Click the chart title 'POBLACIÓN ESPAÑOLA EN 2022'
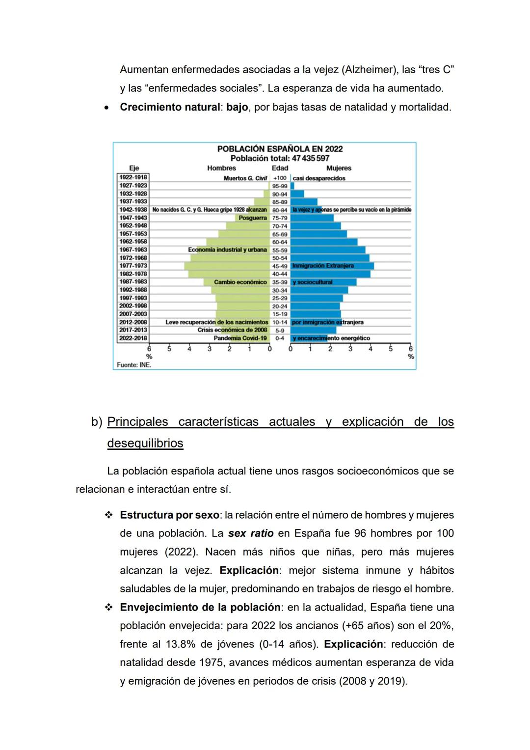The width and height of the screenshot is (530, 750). point(280,149)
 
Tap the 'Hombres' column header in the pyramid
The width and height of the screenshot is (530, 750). point(221,168)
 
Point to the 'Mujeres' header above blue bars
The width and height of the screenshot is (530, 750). point(339,168)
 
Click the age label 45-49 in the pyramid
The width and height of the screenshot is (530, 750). point(280,266)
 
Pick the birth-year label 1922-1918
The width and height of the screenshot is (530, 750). point(133,177)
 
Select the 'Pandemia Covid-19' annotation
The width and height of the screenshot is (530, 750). point(240,338)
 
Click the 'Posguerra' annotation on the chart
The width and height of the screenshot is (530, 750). point(253,218)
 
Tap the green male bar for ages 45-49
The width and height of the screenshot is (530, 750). point(226,266)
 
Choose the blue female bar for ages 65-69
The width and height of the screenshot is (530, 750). point(319,234)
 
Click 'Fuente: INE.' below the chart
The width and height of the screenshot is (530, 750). point(134,365)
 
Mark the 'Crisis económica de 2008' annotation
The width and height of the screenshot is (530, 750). point(232,330)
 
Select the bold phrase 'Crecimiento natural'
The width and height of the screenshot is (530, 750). point(170,107)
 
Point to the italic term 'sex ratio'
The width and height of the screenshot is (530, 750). point(251,533)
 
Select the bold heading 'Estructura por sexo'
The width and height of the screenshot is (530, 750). point(169,515)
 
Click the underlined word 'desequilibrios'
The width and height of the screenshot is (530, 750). point(145,443)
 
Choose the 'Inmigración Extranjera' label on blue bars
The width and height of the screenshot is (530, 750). point(323,266)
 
